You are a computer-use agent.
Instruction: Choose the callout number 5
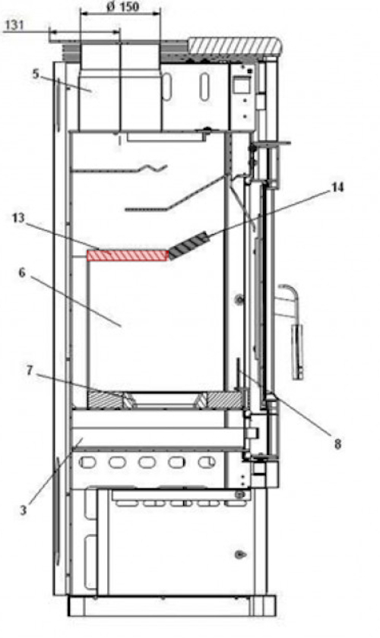point(35,74)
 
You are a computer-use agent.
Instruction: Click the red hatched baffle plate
point(127,255)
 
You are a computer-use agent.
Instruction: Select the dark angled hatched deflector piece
point(187,246)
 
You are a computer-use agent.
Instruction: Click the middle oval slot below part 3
point(145,463)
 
